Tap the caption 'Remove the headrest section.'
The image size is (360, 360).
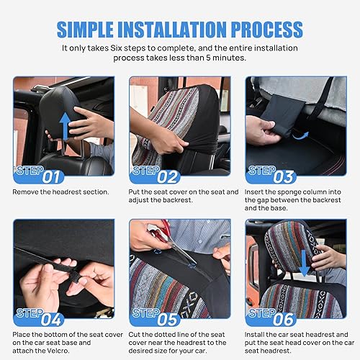point(60,192)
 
